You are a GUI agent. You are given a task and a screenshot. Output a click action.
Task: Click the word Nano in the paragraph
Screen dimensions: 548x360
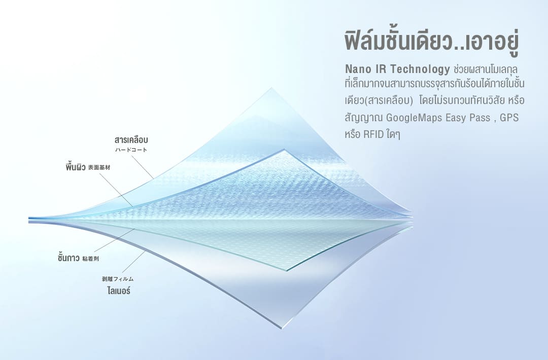[358, 69]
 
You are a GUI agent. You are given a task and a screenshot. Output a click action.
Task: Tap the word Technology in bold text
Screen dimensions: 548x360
[420, 69]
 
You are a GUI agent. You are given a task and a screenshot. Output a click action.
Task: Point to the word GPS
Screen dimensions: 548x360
[509, 117]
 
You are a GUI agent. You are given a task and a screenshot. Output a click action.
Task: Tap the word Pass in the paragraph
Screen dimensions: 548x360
[480, 117]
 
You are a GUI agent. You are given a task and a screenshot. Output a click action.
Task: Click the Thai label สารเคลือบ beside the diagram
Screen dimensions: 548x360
[131, 140]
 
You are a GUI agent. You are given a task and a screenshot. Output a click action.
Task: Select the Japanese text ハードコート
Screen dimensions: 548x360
[131, 150]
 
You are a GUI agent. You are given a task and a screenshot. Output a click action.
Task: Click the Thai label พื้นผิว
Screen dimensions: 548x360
[76, 167]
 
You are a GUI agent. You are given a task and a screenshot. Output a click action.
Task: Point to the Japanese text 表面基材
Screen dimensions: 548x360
[99, 168]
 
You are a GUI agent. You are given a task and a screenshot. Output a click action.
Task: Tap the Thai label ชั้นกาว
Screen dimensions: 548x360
[68, 258]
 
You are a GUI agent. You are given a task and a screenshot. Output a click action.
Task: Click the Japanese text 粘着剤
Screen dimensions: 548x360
[90, 259]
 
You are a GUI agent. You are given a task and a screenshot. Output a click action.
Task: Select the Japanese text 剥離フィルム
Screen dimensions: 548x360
[118, 279]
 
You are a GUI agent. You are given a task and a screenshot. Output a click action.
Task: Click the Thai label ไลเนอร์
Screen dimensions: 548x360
[118, 290]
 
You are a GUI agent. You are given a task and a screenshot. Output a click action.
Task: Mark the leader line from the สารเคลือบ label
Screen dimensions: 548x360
[142, 167]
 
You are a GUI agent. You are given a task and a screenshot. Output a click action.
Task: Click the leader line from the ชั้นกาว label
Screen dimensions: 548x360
[114, 240]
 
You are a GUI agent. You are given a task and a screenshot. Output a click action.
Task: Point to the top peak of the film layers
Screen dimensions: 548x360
[271, 88]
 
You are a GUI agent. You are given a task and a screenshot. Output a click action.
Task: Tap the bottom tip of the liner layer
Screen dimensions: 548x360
[281, 328]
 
